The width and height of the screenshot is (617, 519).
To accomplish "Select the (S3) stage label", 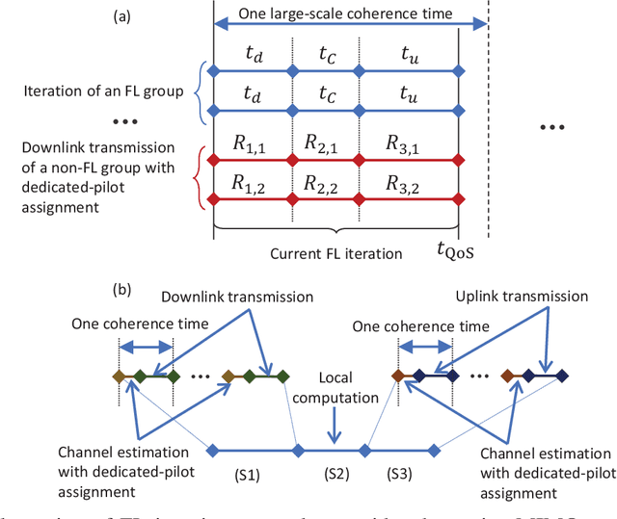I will pyautogui.click(x=400, y=473).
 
